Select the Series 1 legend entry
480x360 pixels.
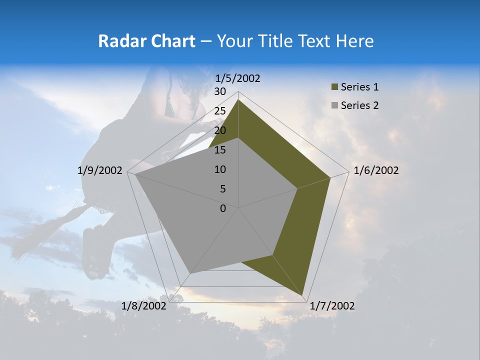[x=359, y=87]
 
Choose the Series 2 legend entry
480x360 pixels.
[x=359, y=105]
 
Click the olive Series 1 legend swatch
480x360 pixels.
[x=334, y=87]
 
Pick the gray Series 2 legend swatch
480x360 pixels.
[x=334, y=105]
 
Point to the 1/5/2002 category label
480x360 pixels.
[x=238, y=78]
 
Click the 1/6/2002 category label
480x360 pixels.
[x=376, y=170]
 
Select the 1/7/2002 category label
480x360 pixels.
[x=332, y=306]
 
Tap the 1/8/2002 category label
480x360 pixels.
[x=144, y=306]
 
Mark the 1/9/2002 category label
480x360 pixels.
[x=100, y=170]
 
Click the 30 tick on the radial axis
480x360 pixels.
[x=220, y=91]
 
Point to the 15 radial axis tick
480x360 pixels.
[x=220, y=150]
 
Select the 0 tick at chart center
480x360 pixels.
[x=223, y=208]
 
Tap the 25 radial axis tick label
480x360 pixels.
[x=220, y=111]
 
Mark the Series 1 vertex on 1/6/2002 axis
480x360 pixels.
[x=330, y=177]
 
